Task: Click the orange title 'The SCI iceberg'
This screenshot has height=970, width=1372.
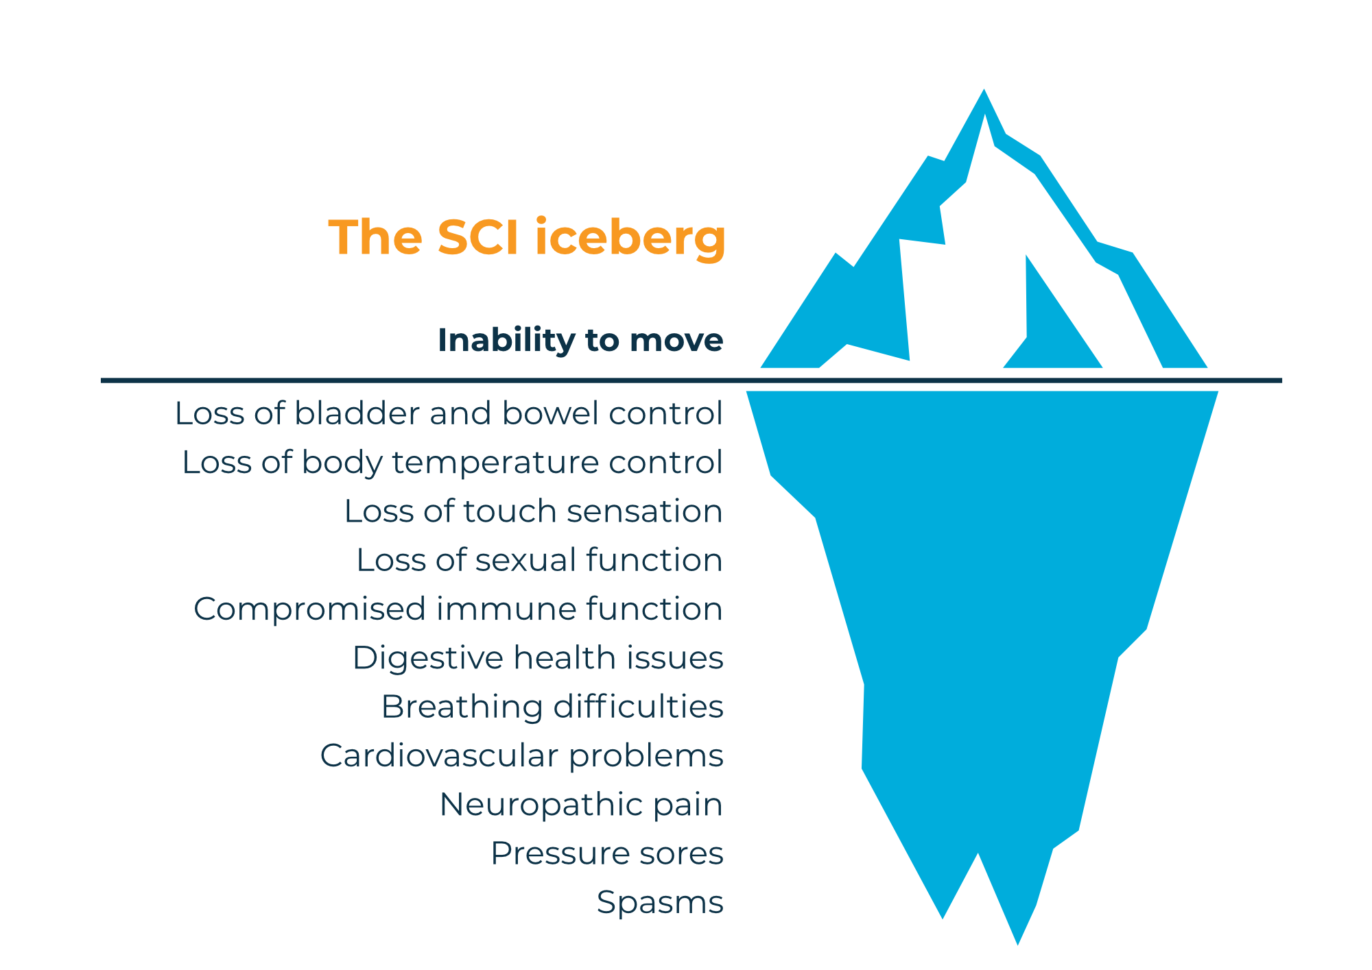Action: (x=527, y=237)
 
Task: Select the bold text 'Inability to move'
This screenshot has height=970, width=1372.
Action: (x=580, y=340)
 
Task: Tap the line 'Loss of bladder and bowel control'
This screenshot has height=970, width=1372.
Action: (x=449, y=413)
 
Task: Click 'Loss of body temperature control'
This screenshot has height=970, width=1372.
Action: (x=452, y=462)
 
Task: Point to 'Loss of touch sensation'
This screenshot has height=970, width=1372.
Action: (x=533, y=511)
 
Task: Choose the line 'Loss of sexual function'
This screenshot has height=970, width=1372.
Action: (x=539, y=560)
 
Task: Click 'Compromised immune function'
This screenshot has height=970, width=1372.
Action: (x=458, y=609)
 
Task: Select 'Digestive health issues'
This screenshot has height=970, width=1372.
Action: (x=538, y=657)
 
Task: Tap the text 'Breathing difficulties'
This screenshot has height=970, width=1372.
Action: (x=552, y=707)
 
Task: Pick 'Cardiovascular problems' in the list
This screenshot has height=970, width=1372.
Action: (x=521, y=755)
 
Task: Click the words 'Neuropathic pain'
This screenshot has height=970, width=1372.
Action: (x=581, y=804)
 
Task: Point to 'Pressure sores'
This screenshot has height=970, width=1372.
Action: (x=607, y=853)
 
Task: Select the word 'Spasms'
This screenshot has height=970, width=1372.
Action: (x=660, y=902)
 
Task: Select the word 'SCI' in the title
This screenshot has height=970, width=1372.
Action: (x=477, y=237)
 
